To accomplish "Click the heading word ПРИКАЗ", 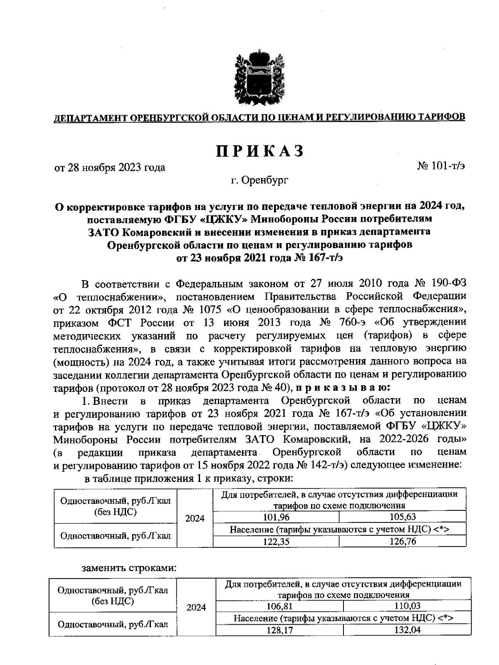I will tap(260, 152).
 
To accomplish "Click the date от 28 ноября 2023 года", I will tap(110, 167).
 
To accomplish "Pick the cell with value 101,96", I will tap(276, 517).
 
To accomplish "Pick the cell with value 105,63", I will tap(403, 517).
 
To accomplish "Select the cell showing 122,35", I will tap(276, 541).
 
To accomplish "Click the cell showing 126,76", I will tap(403, 541).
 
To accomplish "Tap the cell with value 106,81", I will tap(280, 606).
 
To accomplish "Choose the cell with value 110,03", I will tap(407, 606).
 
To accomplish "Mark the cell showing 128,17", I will tap(280, 631).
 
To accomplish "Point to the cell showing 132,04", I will tap(407, 630).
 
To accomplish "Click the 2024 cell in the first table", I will tap(195, 519).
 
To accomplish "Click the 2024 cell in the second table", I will tap(196, 608).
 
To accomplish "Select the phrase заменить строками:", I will tap(129, 568).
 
